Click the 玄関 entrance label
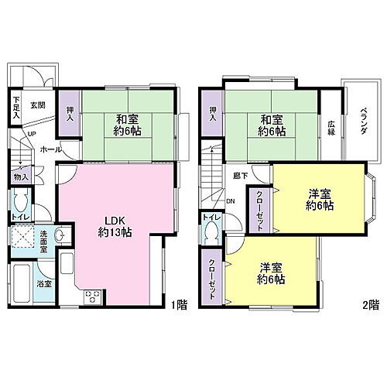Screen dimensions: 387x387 (x=38, y=104)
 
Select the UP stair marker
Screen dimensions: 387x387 (x=30, y=134)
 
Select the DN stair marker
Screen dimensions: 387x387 (x=230, y=203)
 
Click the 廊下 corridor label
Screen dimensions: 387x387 (x=239, y=176)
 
